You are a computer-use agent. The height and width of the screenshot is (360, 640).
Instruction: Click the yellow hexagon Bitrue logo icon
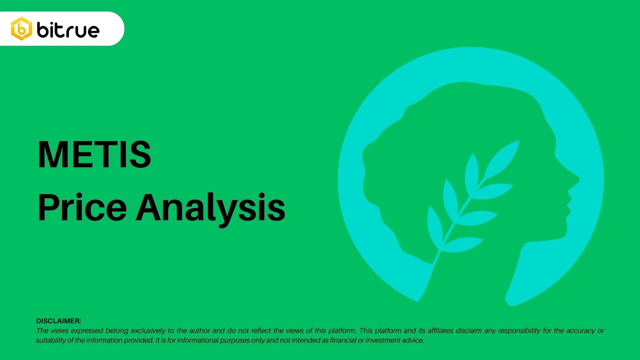22,28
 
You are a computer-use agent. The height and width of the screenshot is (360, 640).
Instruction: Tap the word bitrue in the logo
68,30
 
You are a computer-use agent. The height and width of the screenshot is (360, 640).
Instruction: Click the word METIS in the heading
94,154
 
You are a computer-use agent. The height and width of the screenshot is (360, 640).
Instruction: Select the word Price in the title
82,207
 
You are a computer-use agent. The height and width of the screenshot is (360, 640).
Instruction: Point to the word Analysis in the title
210,210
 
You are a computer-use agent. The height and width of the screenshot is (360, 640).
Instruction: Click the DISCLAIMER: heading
58,321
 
